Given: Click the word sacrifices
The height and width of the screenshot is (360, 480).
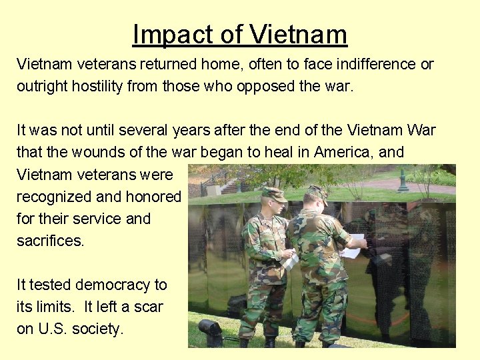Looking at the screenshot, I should (50, 241).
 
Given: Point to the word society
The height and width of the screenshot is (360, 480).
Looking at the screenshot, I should (98, 329).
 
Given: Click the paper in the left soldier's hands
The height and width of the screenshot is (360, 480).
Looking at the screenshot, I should (290, 260).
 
